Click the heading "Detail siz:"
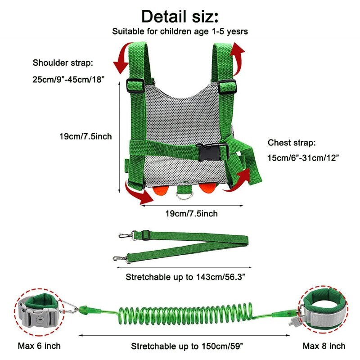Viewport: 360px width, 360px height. click(x=180, y=16)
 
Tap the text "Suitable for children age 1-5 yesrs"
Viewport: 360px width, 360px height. click(x=180, y=32)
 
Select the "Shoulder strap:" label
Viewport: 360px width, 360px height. click(x=63, y=63)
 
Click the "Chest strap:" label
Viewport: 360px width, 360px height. click(x=292, y=143)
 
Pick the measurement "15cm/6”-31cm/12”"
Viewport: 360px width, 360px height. click(x=303, y=157)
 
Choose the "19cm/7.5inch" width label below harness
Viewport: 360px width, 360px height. click(x=192, y=213)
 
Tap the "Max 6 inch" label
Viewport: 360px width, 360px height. click(x=39, y=346)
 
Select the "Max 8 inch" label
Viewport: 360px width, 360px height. click(x=324, y=346)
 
